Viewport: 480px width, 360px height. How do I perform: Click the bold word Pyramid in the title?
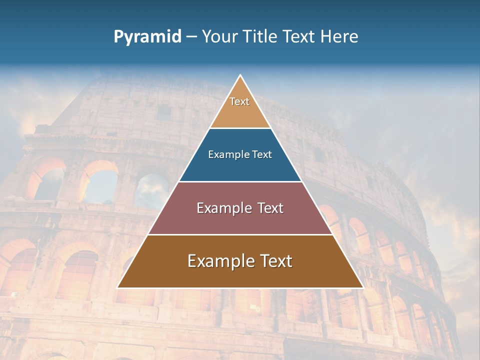[x=147, y=37]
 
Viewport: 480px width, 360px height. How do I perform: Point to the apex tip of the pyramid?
[x=240, y=76]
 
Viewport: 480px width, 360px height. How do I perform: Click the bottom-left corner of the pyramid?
[x=118, y=287]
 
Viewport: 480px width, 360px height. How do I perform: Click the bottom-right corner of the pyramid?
[x=362, y=287]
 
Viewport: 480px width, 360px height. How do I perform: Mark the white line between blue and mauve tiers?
[x=240, y=181]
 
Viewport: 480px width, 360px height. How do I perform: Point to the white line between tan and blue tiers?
[x=240, y=128]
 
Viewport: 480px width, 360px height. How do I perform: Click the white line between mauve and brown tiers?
[x=240, y=234]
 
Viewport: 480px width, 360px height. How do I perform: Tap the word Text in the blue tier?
[x=261, y=155]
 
